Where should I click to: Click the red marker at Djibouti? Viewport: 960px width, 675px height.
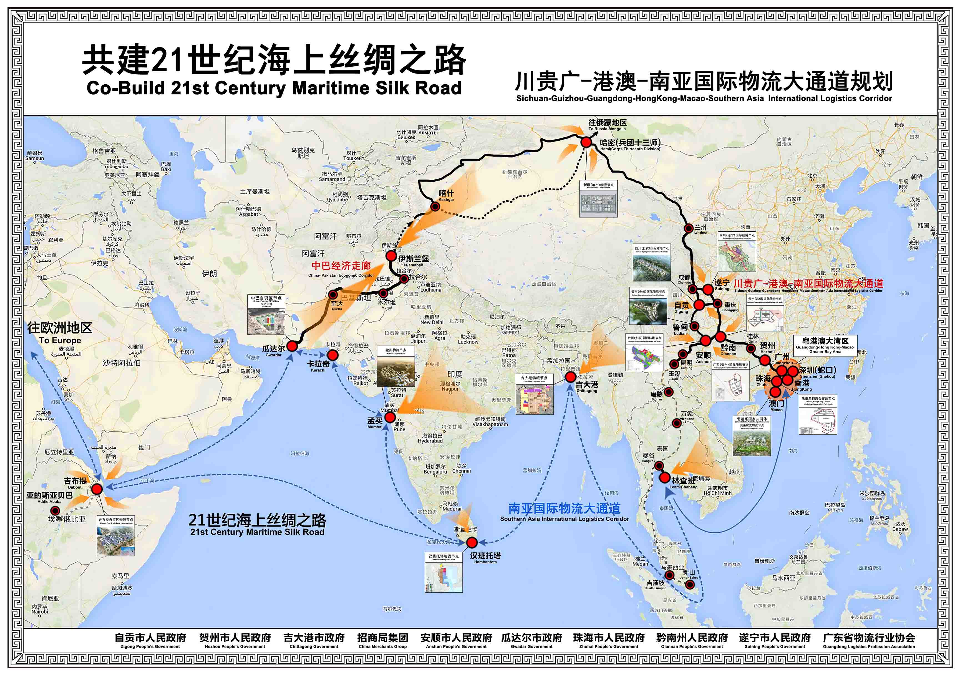[97, 489]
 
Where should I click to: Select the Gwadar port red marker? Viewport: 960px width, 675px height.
[292, 346]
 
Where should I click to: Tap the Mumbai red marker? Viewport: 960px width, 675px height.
[390, 417]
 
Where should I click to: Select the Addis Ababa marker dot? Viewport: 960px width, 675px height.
[55, 510]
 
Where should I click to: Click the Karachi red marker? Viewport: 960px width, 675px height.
[332, 355]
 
